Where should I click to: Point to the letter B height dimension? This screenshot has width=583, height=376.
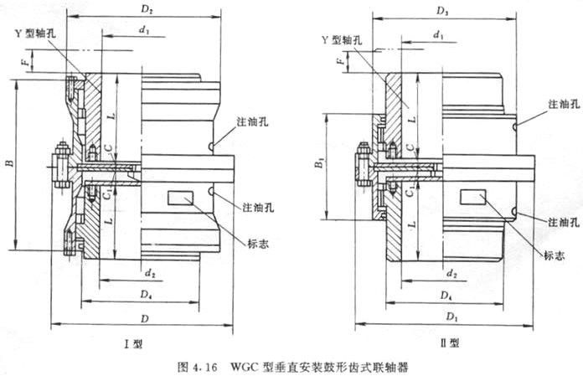9,164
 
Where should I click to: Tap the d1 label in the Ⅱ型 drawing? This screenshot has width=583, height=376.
438,35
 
